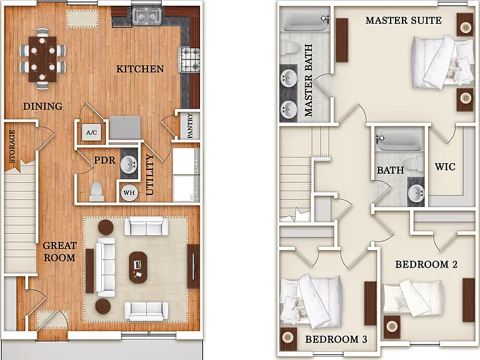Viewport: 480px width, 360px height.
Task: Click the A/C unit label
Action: coord(91,132)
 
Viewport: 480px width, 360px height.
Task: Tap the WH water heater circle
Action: coord(129,192)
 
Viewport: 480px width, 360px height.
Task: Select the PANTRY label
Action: coord(190,126)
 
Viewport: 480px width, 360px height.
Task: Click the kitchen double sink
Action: coord(147,15)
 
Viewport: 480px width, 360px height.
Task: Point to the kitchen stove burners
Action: coord(189,59)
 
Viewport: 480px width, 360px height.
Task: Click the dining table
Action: coord(42,59)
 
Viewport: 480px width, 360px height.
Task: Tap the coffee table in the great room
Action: coord(138,267)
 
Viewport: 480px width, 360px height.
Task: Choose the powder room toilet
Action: coord(96,191)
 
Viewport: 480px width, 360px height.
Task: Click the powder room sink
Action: coord(129,165)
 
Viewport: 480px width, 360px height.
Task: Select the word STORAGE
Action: coord(12,146)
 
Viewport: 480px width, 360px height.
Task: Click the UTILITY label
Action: coord(149,174)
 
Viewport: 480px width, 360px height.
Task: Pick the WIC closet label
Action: coord(445,167)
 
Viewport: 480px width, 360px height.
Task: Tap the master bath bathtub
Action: coord(306,19)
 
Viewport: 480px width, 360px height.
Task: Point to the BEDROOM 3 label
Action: coord(336,339)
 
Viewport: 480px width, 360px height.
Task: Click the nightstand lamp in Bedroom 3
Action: coord(287,337)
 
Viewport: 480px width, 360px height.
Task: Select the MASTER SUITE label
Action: coord(404,20)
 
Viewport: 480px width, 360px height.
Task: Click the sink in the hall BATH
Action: coord(416,193)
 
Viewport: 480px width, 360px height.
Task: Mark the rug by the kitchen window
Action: coord(82,19)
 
